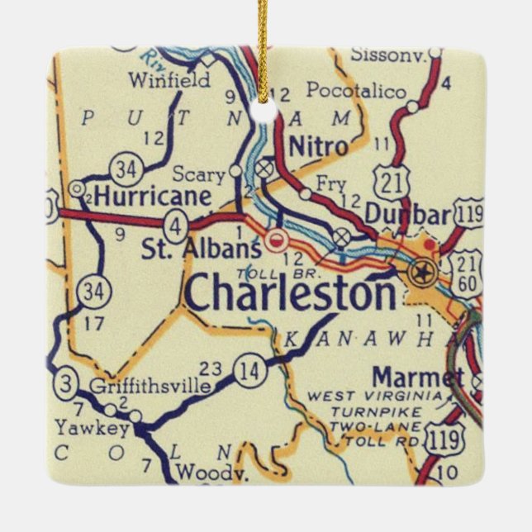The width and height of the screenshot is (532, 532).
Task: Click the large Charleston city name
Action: click(291, 292)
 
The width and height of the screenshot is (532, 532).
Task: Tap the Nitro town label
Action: click(318, 147)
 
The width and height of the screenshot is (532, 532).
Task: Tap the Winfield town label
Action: click(169, 81)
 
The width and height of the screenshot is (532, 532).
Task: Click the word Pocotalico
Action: click(356, 90)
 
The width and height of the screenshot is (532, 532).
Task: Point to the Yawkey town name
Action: click(92, 428)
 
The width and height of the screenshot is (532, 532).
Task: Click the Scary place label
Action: click(198, 174)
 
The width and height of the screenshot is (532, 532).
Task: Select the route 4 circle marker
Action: click(176, 224)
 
